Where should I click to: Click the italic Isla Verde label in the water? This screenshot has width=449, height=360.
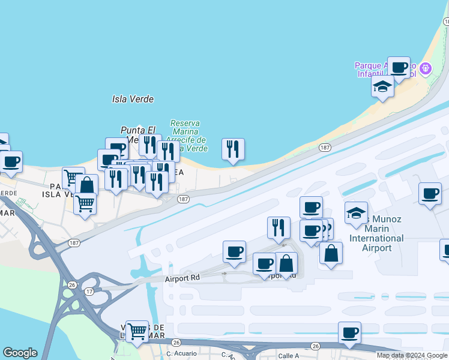pyautogui.click(x=133, y=99)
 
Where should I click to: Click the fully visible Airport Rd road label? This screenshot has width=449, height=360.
pyautogui.click(x=182, y=279)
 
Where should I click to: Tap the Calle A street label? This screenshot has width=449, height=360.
pyautogui.click(x=289, y=356)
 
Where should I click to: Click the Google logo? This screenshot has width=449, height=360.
pyautogui.click(x=20, y=353)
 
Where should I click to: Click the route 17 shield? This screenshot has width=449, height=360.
pyautogui.click(x=88, y=292)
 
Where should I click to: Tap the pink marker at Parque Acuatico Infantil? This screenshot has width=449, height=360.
pyautogui.click(x=426, y=69)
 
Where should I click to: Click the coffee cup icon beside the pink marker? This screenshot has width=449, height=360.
pyautogui.click(x=399, y=67)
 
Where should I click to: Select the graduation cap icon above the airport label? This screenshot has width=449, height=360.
pyautogui.click(x=356, y=212)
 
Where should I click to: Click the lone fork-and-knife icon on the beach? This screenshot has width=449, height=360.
pyautogui.click(x=233, y=148)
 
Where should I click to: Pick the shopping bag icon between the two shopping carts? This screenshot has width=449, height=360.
pyautogui.click(x=87, y=185)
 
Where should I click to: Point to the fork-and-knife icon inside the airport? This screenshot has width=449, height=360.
pyautogui.click(x=279, y=227)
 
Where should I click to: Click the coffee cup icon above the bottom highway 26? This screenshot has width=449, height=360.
pyautogui.click(x=349, y=332)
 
